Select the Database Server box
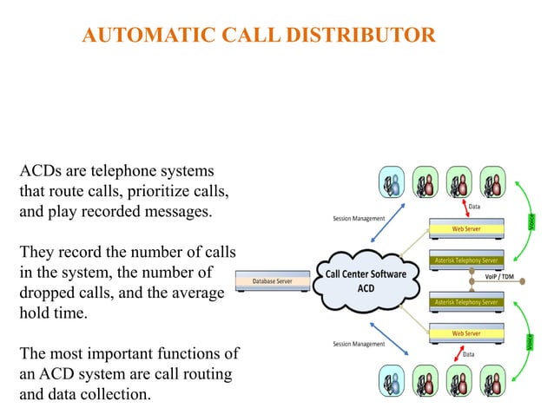[272, 281]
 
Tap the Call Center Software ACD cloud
[366, 280]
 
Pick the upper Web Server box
[465, 229]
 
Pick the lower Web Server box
[465, 333]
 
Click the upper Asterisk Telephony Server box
[465, 260]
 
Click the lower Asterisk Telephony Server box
[465, 302]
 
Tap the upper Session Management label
[359, 218]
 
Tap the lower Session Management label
[359, 344]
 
